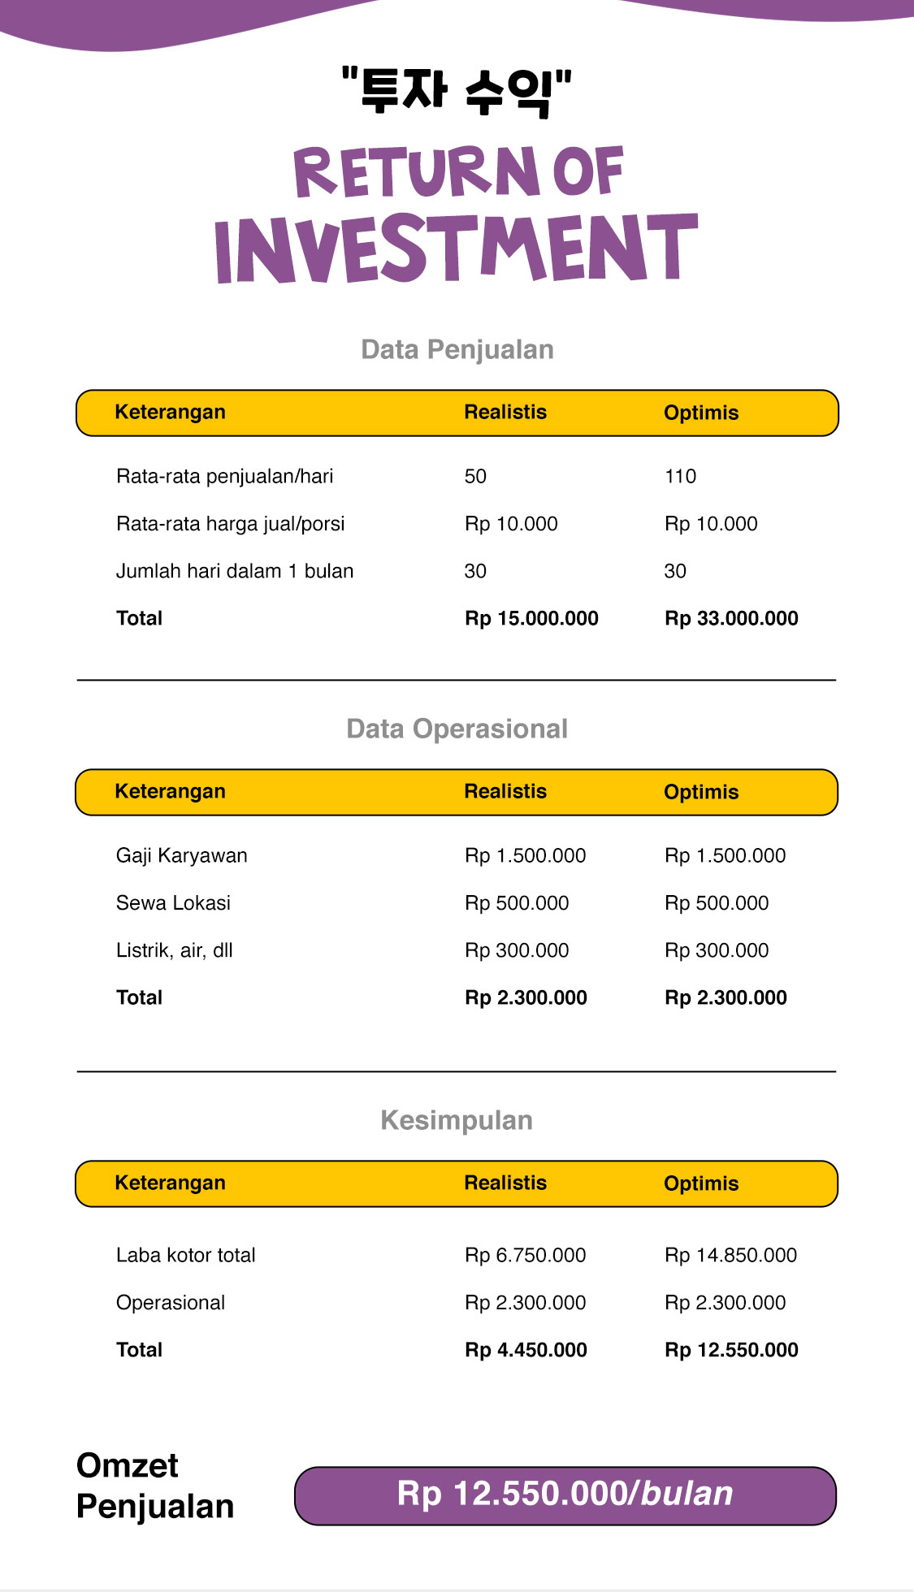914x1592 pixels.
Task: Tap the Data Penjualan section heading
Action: point(457,350)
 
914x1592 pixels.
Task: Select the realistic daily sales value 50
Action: point(475,477)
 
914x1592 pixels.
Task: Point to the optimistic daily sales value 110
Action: point(680,477)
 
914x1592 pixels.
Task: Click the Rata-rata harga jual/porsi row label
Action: point(230,524)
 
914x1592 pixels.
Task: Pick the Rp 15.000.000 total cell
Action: point(531,619)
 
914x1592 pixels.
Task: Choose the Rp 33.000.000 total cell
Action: point(731,619)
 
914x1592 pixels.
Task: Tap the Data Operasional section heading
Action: point(457,729)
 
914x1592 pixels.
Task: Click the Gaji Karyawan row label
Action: point(181,856)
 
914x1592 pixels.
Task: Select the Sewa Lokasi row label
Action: point(173,903)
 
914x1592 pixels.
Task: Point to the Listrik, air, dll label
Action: point(174,950)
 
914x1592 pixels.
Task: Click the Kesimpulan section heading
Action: point(457,1121)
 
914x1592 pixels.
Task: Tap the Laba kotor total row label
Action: point(185,1256)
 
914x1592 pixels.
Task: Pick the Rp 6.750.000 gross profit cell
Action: point(525,1256)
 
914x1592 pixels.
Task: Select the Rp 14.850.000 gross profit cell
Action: point(730,1256)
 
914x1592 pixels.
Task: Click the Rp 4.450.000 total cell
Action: point(526,1351)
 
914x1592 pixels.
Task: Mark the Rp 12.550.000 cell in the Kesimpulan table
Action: point(731,1351)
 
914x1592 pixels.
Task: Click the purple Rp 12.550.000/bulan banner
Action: point(565,1495)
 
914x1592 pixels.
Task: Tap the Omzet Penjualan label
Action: point(155,1486)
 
